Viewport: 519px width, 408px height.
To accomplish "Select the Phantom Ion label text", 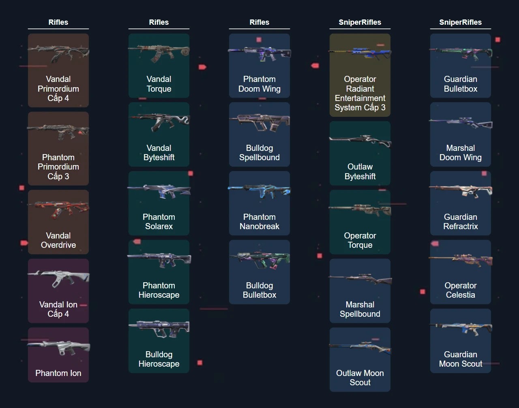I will (x=58, y=373).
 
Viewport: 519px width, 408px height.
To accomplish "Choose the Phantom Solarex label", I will (x=159, y=221).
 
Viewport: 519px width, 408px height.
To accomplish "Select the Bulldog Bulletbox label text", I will (x=259, y=290).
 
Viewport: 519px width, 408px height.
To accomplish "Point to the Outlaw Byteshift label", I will (x=360, y=172).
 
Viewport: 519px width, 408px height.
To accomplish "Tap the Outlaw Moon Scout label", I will (x=360, y=378).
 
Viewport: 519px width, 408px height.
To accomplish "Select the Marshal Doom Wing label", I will (x=461, y=152).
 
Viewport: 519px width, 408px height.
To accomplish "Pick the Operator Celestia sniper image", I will (x=461, y=260).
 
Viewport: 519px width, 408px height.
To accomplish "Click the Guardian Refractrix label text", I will (x=461, y=221).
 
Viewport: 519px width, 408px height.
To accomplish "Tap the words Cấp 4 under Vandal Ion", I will (x=58, y=314).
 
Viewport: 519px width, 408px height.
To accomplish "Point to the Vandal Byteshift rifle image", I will (x=159, y=122).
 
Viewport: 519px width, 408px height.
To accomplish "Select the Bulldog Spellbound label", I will (x=259, y=152).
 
